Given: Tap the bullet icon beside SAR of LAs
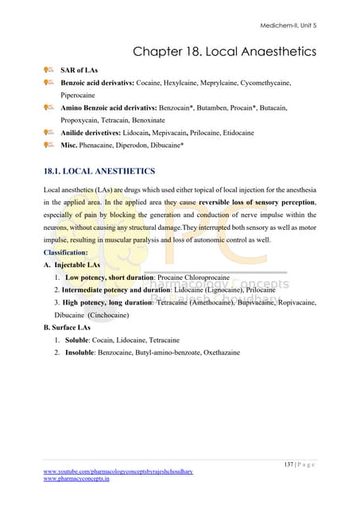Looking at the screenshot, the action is tap(48, 71).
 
